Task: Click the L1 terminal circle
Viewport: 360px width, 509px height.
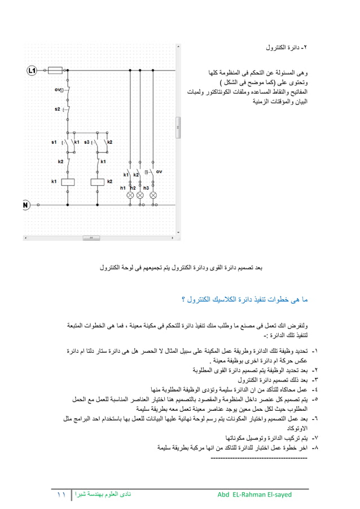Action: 32,71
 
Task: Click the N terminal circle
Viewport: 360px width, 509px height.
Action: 26,205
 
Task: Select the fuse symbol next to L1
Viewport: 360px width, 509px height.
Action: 55,71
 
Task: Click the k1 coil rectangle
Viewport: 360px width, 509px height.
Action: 67,182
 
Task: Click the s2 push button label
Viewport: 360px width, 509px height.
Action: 58,109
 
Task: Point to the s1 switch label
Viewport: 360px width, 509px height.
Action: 54,142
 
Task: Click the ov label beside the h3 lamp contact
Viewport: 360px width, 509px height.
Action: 159,172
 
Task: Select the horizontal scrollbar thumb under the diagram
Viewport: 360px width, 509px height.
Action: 88,238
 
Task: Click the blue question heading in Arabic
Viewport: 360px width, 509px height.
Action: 245,298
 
